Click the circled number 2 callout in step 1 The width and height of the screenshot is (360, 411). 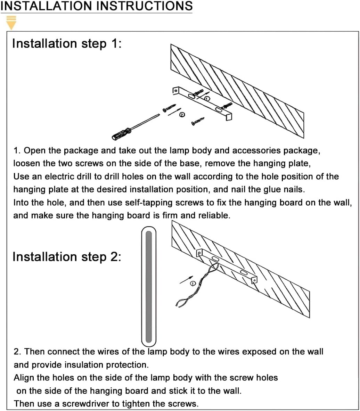[182, 115]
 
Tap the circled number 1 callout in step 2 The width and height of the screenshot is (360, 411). [194, 283]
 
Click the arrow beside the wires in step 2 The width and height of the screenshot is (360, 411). [186, 279]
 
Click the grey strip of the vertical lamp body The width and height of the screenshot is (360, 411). [149, 287]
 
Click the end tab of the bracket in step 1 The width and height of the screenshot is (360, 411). [228, 117]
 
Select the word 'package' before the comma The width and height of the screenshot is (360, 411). [301, 151]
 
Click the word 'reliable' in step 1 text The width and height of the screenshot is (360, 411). [214, 215]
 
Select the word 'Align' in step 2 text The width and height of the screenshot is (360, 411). [23, 378]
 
